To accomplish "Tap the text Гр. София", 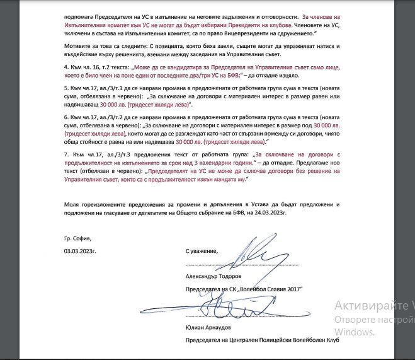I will (x=77, y=239).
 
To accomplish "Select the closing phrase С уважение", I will (x=202, y=251).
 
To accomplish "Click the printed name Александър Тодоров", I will (x=213, y=277).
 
